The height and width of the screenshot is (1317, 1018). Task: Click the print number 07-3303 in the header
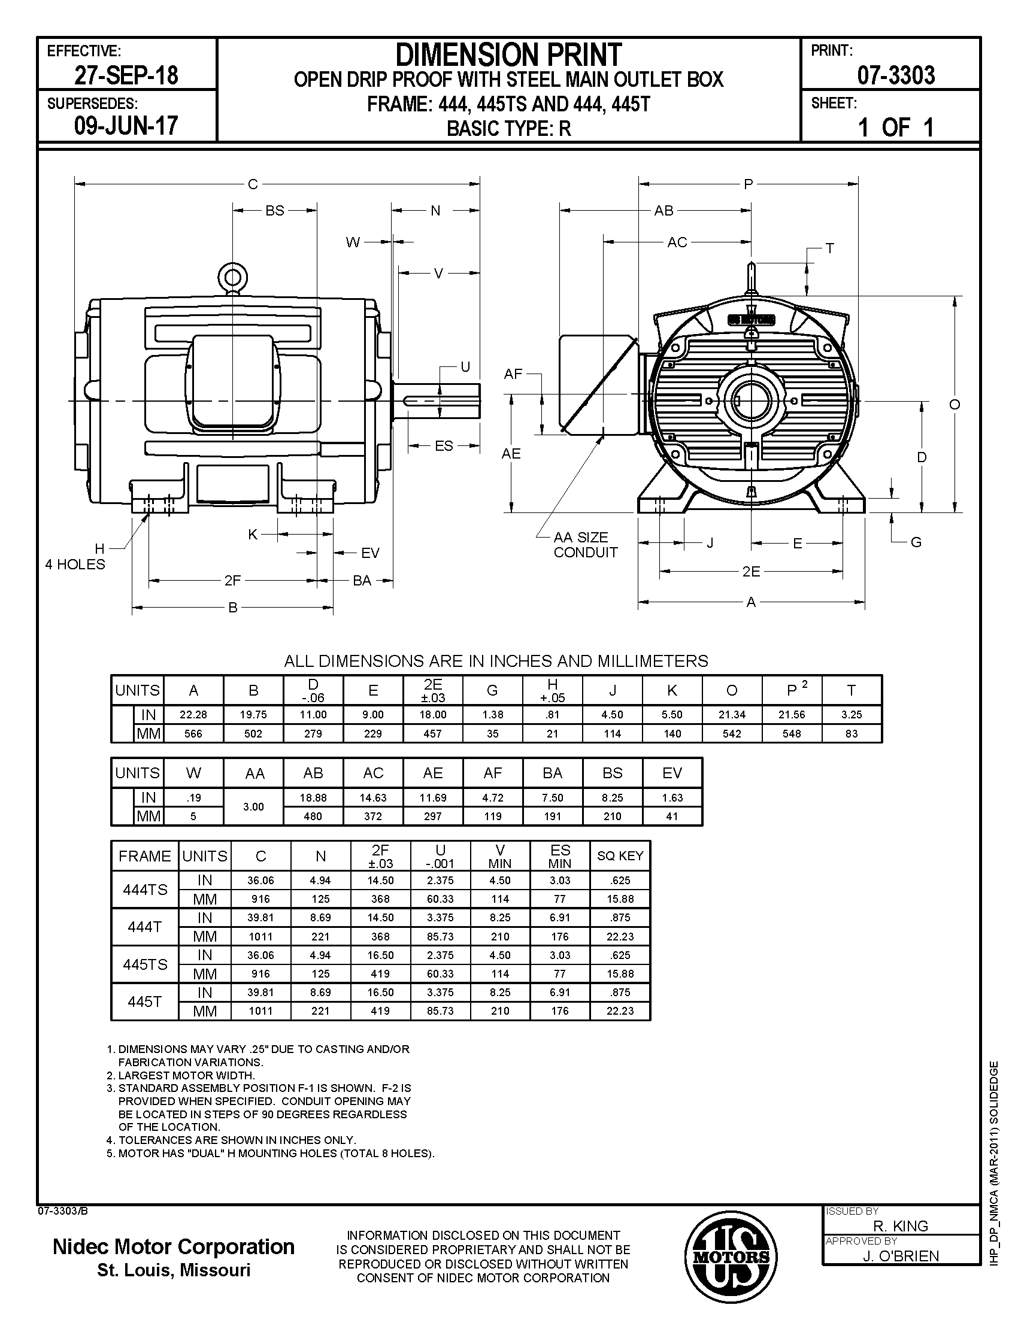896,75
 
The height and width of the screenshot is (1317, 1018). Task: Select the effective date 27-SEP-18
126,75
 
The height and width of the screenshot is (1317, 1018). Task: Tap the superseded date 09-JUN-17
126,126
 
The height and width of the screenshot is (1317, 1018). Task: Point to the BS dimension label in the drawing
275,211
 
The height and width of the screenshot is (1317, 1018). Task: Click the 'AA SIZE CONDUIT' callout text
586,545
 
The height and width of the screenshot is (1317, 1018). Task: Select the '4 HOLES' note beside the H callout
75,564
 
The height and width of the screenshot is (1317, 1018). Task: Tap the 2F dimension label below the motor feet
233,580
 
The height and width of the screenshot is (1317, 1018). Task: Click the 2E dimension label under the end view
751,571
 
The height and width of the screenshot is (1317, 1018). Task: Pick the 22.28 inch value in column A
193,715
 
